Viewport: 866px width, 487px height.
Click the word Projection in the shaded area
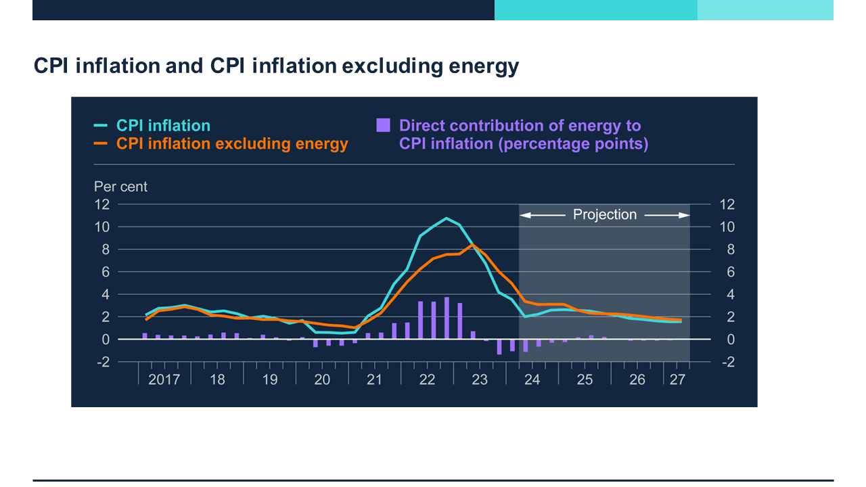(x=605, y=215)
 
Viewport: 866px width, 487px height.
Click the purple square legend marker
(x=384, y=125)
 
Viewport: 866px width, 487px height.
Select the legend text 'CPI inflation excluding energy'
(x=232, y=143)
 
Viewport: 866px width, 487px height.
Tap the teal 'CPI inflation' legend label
(x=163, y=126)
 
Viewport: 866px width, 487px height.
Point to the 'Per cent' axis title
(x=120, y=187)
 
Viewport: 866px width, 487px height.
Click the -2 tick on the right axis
(x=727, y=362)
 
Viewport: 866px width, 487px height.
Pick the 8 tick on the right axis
(x=727, y=250)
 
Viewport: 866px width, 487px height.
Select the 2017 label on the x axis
(x=164, y=379)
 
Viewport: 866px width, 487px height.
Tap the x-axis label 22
(x=427, y=379)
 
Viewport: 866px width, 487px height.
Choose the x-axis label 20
(x=322, y=379)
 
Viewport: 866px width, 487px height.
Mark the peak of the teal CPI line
(x=446, y=218)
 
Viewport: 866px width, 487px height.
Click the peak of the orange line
(x=473, y=244)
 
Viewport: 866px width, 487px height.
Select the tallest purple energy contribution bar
(x=447, y=318)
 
